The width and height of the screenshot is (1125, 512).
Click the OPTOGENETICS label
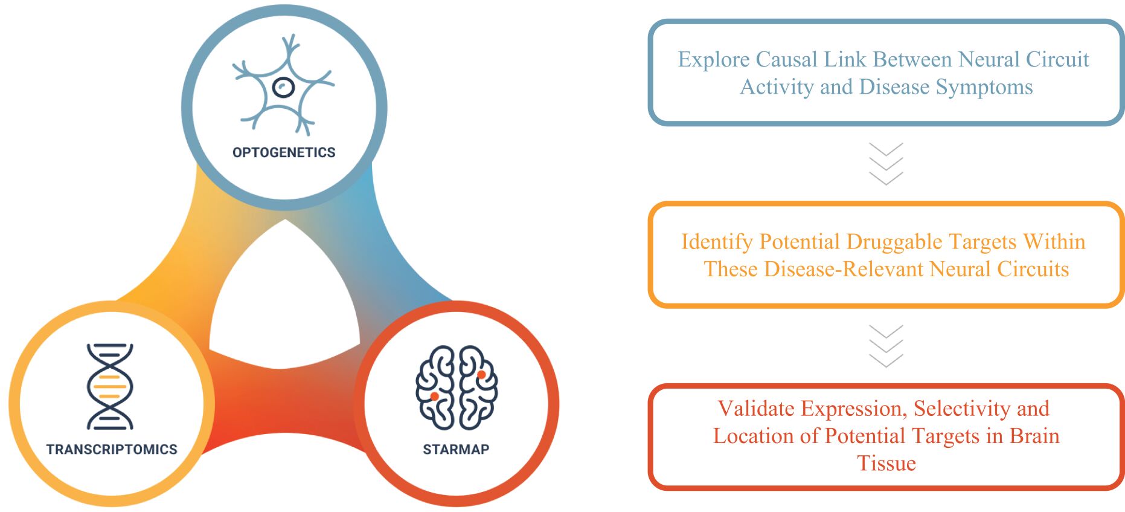(x=284, y=152)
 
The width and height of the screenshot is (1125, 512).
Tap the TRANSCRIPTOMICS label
(x=112, y=449)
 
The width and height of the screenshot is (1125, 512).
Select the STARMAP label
(x=456, y=449)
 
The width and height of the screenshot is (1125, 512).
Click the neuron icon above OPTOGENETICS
(x=283, y=85)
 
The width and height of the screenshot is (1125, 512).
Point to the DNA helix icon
(x=110, y=386)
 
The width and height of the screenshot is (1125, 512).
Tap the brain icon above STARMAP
(x=457, y=387)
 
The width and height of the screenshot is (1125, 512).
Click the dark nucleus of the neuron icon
(x=283, y=88)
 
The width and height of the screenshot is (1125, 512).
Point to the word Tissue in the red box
(x=886, y=463)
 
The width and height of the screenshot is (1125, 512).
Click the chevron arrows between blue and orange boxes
(x=886, y=163)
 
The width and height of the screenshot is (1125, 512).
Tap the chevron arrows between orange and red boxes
(x=886, y=346)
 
